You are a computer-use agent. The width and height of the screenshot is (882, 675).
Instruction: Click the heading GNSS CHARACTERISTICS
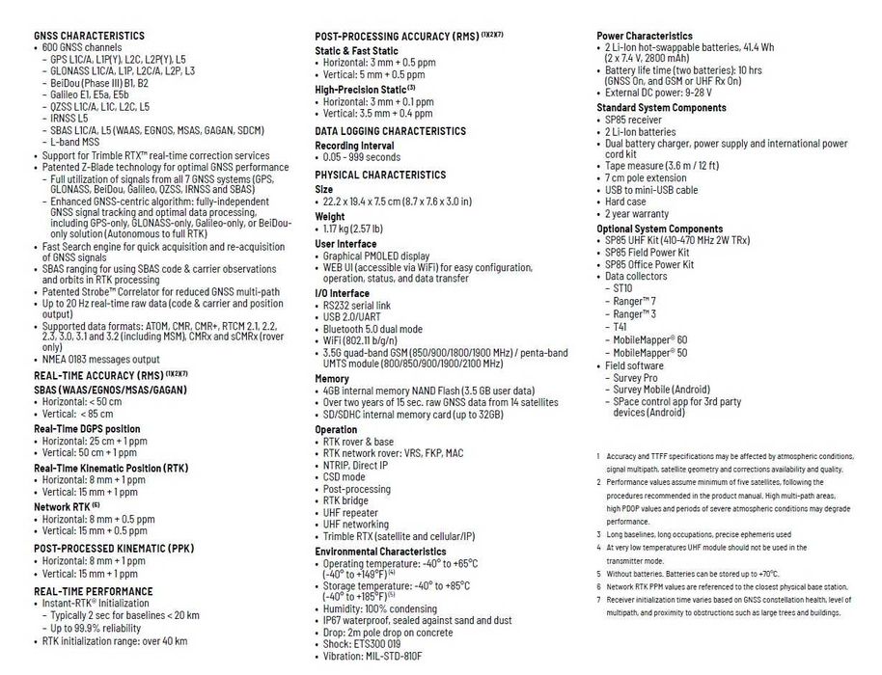pyautogui.click(x=89, y=36)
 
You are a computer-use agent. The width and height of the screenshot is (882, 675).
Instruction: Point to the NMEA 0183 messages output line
pyautogui.click(x=101, y=359)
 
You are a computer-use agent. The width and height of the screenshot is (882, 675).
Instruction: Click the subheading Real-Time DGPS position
pyautogui.click(x=87, y=428)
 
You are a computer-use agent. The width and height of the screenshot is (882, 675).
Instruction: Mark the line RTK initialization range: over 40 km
pyautogui.click(x=115, y=640)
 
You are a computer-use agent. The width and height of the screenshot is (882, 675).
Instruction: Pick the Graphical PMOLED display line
pyautogui.click(x=375, y=256)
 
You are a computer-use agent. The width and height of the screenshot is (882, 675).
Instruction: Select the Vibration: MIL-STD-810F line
pyautogui.click(x=378, y=657)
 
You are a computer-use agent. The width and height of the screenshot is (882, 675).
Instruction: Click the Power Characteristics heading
pyautogui.click(x=644, y=36)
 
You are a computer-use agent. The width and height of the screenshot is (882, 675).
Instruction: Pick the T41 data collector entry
pyautogui.click(x=620, y=327)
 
